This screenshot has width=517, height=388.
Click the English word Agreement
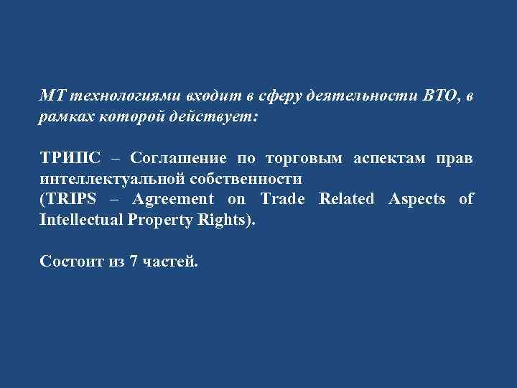(x=173, y=199)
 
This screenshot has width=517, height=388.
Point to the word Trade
(x=284, y=199)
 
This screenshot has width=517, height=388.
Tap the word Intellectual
(x=83, y=218)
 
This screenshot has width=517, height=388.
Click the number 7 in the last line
(x=134, y=261)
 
